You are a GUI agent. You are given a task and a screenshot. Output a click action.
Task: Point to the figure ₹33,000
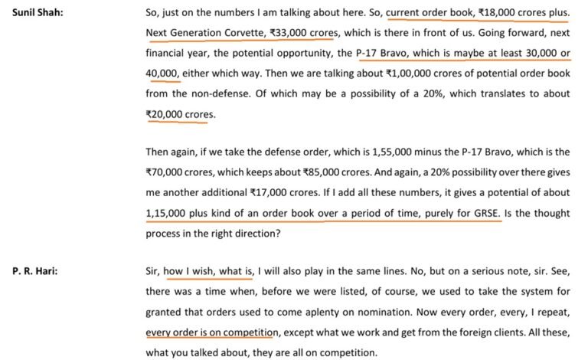click(x=282, y=34)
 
